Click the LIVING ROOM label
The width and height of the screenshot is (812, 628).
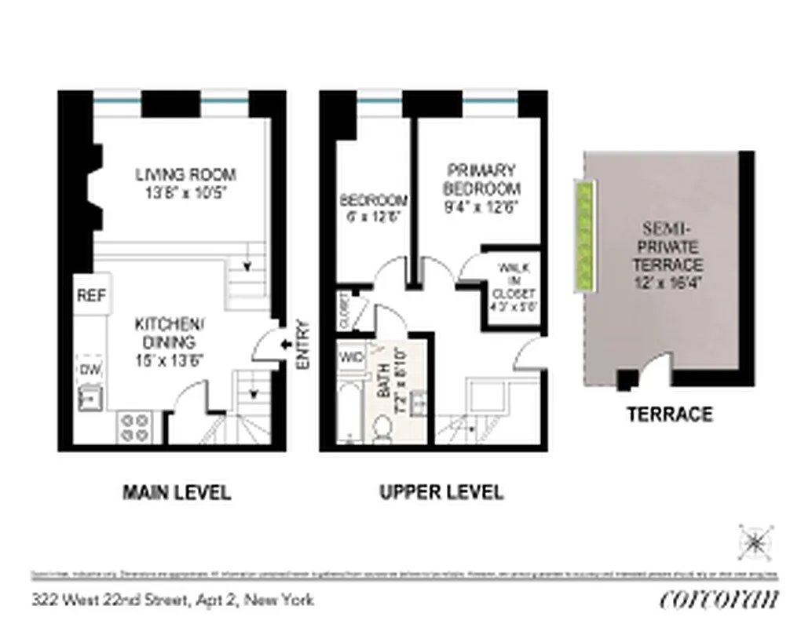point(185,174)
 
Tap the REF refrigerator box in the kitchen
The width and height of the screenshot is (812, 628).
point(92,296)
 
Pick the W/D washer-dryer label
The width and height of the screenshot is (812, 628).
point(351,357)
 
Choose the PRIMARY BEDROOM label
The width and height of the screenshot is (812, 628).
point(481,180)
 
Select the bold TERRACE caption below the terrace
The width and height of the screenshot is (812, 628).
point(669,414)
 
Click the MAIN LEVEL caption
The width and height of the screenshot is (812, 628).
point(177,493)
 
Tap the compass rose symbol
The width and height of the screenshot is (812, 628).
point(755,541)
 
